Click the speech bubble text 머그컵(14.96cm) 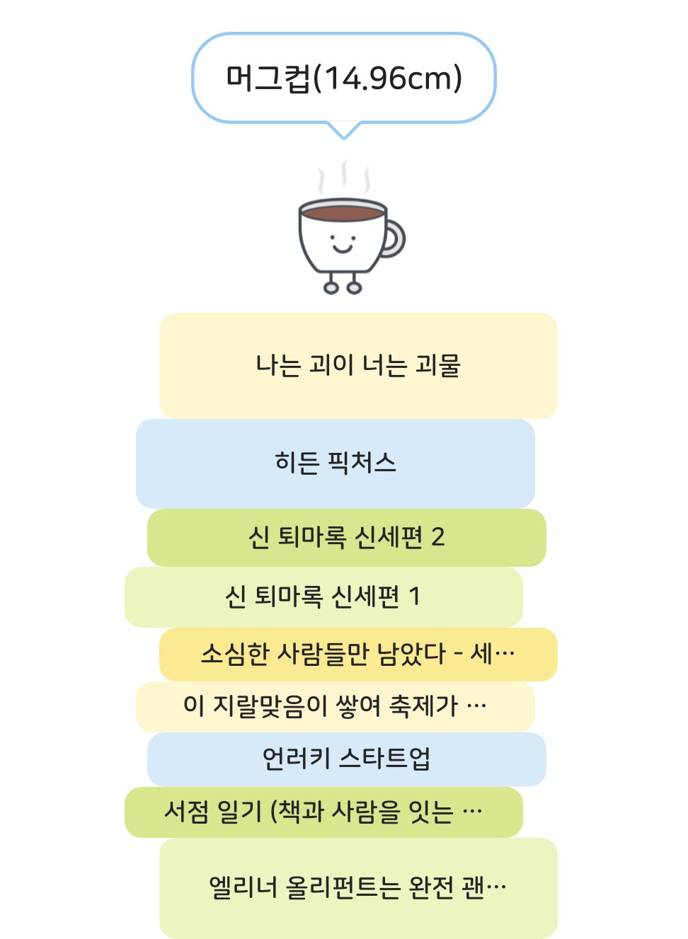point(344,78)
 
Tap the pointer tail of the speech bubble point(344,130)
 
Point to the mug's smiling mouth point(343,249)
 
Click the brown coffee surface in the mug point(343,213)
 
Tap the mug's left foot point(331,288)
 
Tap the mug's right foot point(355,288)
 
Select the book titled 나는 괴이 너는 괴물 point(358,365)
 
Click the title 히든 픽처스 point(336,463)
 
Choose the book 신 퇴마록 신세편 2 point(347,537)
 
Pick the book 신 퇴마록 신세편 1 point(323,597)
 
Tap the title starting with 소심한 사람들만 point(358,654)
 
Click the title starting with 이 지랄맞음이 point(336,707)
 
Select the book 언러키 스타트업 point(347,759)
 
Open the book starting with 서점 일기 point(323,812)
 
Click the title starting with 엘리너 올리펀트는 point(358,888)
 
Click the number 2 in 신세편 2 point(437,536)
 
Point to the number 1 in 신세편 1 point(414,596)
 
